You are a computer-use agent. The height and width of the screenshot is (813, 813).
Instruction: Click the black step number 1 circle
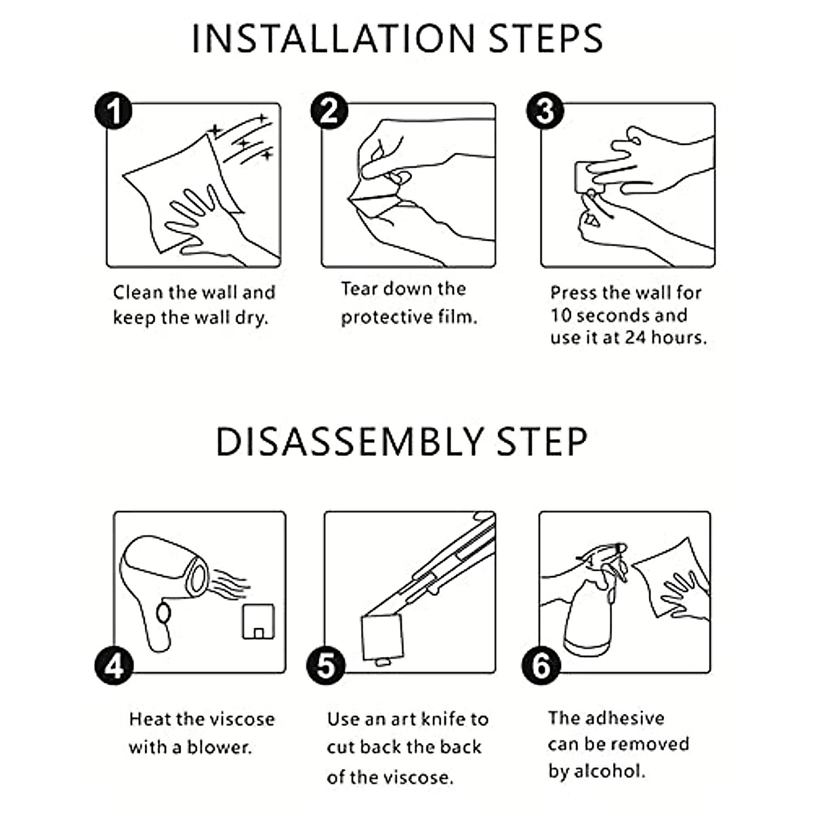tap(113, 110)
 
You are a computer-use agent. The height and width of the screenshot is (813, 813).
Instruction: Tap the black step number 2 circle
tap(329, 110)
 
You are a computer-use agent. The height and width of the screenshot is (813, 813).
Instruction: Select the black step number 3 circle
tap(545, 110)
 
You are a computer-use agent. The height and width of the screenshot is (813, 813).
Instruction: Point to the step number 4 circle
tap(114, 666)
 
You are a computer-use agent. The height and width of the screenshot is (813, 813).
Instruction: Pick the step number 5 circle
tap(326, 666)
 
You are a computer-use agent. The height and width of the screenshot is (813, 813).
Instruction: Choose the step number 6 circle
tap(541, 666)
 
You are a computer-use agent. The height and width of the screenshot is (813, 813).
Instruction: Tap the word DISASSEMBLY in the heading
tap(349, 442)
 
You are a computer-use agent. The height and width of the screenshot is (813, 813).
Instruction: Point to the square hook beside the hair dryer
tap(258, 621)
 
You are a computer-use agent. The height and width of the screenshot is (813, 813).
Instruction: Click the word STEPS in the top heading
tap(546, 39)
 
